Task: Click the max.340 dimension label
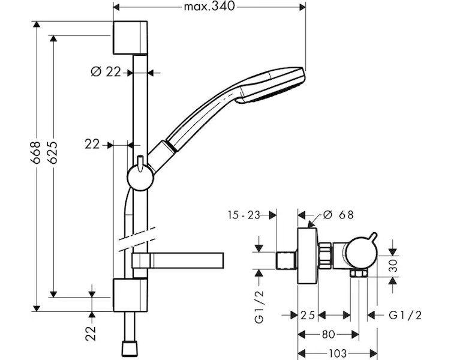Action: click(x=209, y=6)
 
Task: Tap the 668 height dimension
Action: click(x=36, y=152)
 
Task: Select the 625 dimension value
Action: click(x=53, y=152)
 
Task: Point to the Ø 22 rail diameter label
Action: click(x=106, y=71)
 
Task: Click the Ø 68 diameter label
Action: click(x=338, y=215)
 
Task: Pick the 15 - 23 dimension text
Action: click(x=244, y=215)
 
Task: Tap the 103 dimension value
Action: click(x=337, y=353)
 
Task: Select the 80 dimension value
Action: click(x=329, y=334)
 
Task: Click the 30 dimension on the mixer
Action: click(x=392, y=266)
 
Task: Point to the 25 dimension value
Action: click(x=308, y=316)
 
